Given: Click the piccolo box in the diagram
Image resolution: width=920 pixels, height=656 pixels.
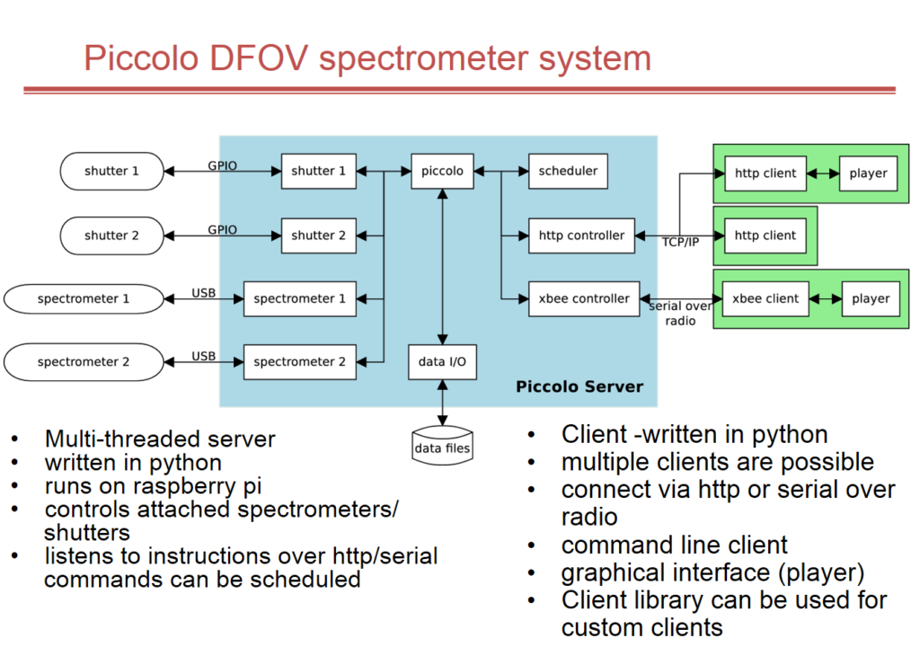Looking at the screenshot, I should click(x=442, y=171).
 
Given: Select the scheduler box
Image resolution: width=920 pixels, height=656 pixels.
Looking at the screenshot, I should click(x=568, y=171).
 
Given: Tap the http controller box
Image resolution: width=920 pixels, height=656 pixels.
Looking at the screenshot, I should click(x=581, y=235).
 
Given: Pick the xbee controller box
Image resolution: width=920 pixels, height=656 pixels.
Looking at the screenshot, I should click(x=583, y=298).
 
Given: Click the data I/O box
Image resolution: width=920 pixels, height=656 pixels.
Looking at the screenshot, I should click(x=442, y=361).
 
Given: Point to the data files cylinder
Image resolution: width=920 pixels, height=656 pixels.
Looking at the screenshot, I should click(x=442, y=445).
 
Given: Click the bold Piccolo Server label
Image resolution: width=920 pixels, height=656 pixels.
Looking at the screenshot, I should click(x=579, y=387).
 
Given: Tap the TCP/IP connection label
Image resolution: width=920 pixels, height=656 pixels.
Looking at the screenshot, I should click(x=679, y=243).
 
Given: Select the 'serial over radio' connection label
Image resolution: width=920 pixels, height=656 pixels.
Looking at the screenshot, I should click(x=681, y=313).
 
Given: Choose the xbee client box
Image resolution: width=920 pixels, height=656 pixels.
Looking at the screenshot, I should click(x=766, y=298).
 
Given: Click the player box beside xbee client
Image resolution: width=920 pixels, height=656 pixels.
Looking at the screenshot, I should click(x=870, y=298).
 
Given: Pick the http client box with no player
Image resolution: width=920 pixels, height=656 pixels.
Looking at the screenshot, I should click(x=765, y=235).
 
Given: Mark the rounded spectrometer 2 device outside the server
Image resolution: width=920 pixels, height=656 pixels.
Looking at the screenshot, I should click(x=84, y=362).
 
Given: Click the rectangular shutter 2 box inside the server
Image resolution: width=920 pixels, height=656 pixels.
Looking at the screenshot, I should click(x=318, y=235).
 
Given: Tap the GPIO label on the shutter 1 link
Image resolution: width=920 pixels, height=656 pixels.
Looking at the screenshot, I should click(x=222, y=166).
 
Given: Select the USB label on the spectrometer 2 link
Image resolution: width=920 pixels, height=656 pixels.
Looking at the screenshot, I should click(x=204, y=356).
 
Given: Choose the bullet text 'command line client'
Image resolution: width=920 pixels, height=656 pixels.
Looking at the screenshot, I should click(x=674, y=545).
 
